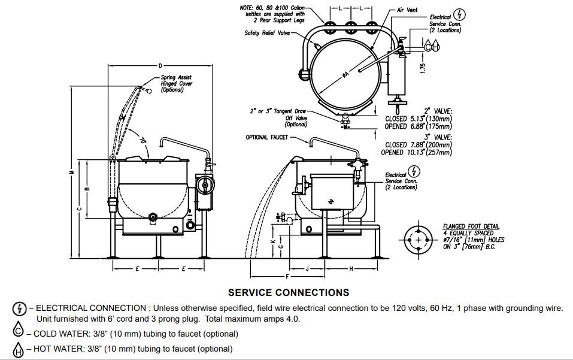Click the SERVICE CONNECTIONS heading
click(289, 292)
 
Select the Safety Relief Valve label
click(266, 33)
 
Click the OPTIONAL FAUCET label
click(266, 137)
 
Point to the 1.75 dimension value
click(423, 68)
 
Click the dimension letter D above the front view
click(160, 65)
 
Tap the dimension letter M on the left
click(71, 172)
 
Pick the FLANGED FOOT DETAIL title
click(471, 226)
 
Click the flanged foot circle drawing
click(417, 240)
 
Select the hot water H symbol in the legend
click(19, 349)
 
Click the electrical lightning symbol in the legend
click(19, 308)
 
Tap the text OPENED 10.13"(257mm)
click(417, 152)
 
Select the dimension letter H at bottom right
click(351, 268)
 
